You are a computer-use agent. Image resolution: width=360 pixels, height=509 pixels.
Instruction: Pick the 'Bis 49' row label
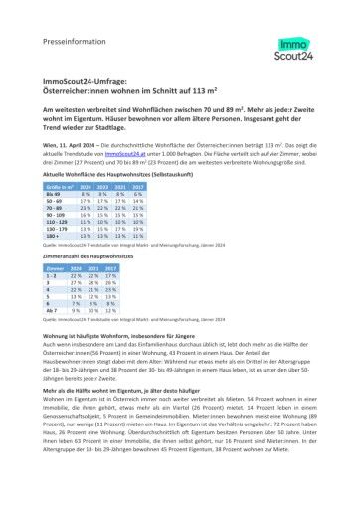53,193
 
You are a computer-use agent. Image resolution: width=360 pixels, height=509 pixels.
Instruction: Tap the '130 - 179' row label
56,228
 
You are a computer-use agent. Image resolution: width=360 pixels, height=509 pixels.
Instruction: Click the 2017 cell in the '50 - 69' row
137,200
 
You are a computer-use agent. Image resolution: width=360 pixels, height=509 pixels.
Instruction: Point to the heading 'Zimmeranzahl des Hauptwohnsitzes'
92,255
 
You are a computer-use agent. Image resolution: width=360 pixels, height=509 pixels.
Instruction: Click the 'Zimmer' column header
56,267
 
